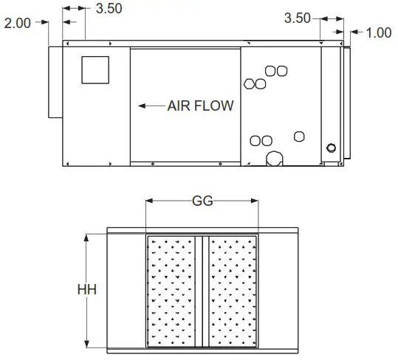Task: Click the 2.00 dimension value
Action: [x=18, y=23]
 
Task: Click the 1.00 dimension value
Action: [x=379, y=32]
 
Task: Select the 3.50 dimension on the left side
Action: [x=109, y=9]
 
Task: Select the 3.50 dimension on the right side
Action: [x=298, y=18]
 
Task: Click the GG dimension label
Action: [x=202, y=201]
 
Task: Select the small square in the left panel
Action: [x=95, y=69]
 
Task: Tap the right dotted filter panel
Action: [x=232, y=291]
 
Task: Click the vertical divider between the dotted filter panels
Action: [x=203, y=291]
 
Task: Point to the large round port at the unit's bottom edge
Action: [x=276, y=158]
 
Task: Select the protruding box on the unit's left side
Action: [x=55, y=81]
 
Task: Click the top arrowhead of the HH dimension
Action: [x=86, y=238]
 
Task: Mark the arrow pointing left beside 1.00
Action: [x=353, y=32]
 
